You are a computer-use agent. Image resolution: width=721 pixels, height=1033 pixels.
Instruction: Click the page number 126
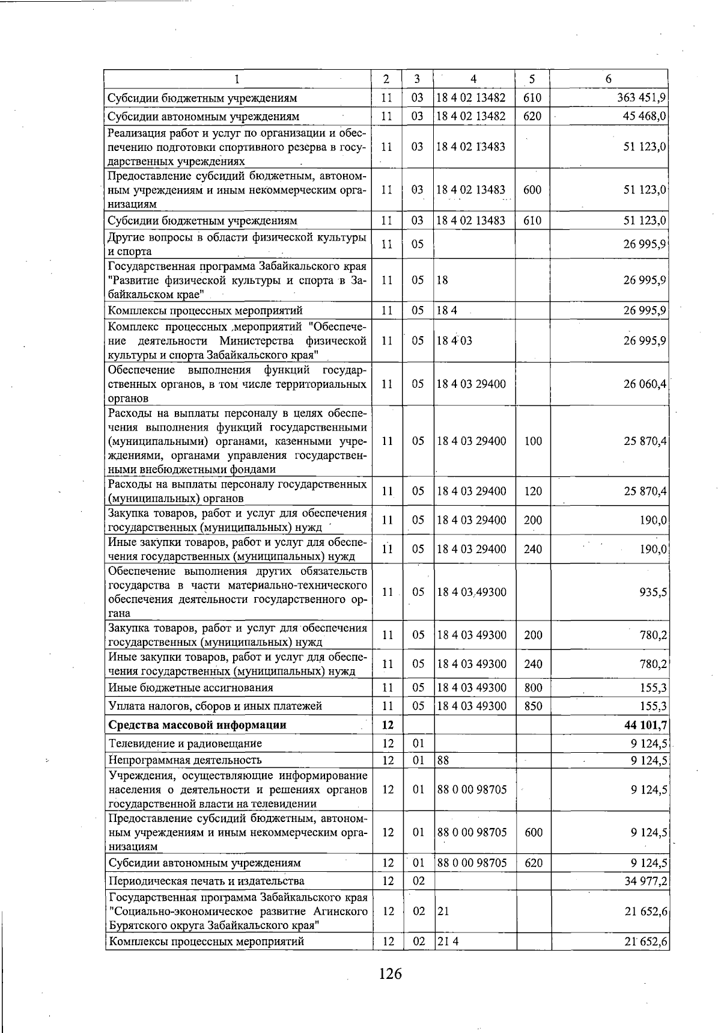point(390,972)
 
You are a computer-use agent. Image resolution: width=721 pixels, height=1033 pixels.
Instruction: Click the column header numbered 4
point(473,79)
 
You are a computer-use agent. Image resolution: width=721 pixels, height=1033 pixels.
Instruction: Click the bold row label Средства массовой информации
point(197,725)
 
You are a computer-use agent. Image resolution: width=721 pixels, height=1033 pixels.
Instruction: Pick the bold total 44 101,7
point(646,725)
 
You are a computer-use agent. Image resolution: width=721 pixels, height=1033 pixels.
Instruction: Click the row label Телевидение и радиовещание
point(185,743)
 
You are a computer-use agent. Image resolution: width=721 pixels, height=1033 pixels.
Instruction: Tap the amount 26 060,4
point(645,384)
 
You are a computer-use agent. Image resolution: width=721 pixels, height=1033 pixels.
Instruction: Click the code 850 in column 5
point(533,706)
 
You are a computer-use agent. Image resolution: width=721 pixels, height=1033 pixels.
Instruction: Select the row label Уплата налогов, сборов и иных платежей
point(215,706)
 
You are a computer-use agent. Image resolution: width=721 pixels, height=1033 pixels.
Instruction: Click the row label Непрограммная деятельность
point(185,760)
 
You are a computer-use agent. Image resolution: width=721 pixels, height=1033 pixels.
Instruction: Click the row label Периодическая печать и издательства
point(206,881)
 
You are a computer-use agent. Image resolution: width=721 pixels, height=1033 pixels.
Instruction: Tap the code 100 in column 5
point(533,441)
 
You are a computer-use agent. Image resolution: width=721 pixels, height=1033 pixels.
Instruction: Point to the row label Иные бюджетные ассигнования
point(190,687)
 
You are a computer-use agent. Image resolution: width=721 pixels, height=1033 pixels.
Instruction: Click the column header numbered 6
point(609,79)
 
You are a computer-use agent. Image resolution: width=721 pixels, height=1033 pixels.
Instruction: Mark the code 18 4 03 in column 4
point(455,340)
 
